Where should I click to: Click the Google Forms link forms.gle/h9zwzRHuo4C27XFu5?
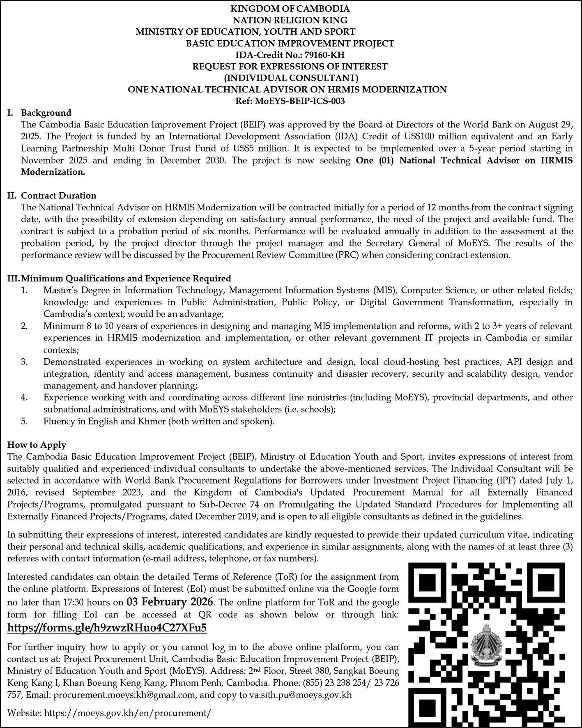click(x=107, y=628)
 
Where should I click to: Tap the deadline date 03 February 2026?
click(x=170, y=602)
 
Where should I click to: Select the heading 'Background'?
click(x=46, y=113)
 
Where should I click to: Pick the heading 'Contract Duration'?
click(x=59, y=196)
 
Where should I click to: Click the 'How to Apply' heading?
click(x=37, y=445)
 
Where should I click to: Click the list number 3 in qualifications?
click(x=25, y=362)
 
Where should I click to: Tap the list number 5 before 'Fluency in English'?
click(x=25, y=421)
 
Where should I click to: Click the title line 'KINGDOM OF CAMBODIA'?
click(x=290, y=8)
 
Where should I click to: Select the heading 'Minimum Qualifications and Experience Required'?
click(x=126, y=278)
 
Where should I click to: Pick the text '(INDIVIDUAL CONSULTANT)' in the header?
click(x=291, y=78)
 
